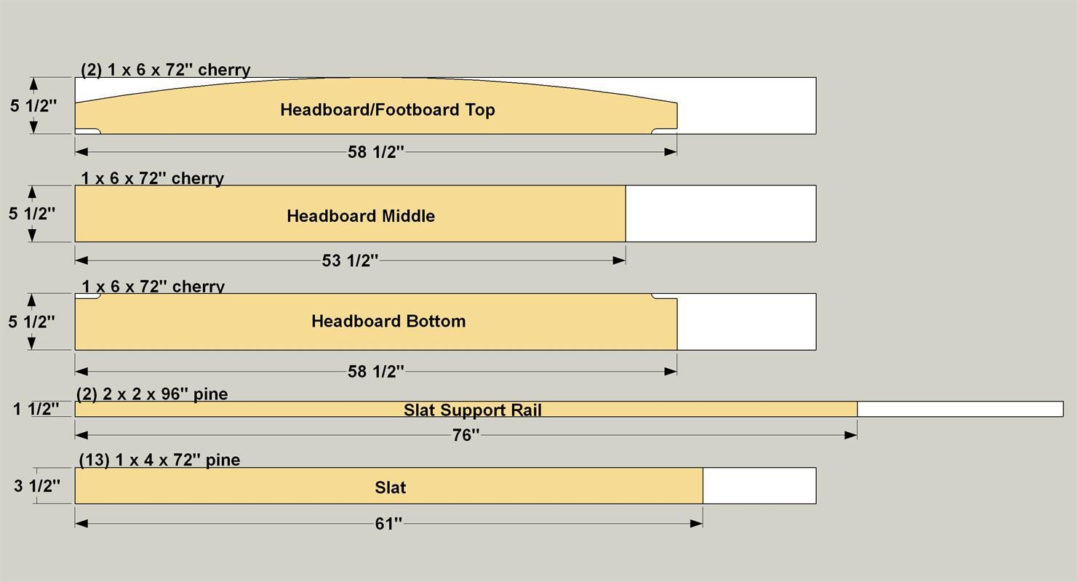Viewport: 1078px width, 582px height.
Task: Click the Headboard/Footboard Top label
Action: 388,110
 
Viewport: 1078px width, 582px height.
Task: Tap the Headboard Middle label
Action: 361,215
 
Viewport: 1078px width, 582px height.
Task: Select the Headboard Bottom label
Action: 388,321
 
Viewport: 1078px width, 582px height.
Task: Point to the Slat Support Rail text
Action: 473,410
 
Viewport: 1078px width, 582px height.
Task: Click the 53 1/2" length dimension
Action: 350,260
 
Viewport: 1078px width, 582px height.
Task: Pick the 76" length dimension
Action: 466,435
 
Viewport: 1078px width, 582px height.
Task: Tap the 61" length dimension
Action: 388,523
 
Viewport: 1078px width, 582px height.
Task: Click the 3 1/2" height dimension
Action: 37,486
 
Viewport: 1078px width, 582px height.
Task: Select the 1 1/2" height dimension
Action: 36,409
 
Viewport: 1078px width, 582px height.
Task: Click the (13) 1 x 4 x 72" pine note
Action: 159,460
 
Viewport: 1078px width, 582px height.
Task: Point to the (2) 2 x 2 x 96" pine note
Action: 152,394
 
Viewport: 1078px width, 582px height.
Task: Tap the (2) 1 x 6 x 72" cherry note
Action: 166,70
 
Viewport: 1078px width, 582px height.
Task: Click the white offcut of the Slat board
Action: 759,486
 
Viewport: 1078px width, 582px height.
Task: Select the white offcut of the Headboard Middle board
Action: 721,213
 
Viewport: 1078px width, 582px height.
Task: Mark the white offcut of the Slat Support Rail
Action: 960,409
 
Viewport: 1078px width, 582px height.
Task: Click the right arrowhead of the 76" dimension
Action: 851,435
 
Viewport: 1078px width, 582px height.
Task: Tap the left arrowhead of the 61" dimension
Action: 81,523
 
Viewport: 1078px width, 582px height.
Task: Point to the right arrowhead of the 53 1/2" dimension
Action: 619,260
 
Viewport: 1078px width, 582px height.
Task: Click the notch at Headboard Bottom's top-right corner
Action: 665,296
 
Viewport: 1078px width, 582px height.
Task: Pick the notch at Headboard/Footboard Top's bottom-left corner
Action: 87,131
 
